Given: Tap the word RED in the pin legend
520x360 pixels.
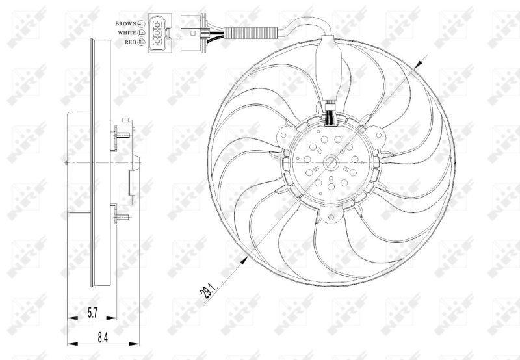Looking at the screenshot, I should click(x=131, y=42).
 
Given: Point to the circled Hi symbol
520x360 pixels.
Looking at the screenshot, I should click(x=142, y=42).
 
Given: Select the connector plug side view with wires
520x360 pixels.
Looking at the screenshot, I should click(x=192, y=31).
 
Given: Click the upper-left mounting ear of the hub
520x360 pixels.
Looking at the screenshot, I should click(x=283, y=136).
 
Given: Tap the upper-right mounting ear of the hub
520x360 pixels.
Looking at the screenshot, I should click(x=375, y=136).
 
